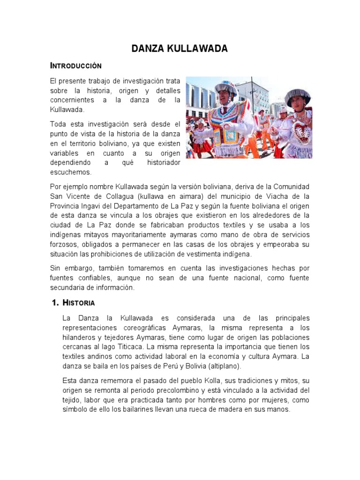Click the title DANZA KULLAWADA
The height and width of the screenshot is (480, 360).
[x=180, y=49]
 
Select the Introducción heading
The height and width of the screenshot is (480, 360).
[x=75, y=65]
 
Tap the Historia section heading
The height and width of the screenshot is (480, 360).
[x=79, y=303]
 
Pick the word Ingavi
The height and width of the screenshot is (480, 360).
[x=95, y=206]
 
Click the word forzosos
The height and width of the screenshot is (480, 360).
[x=65, y=244]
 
